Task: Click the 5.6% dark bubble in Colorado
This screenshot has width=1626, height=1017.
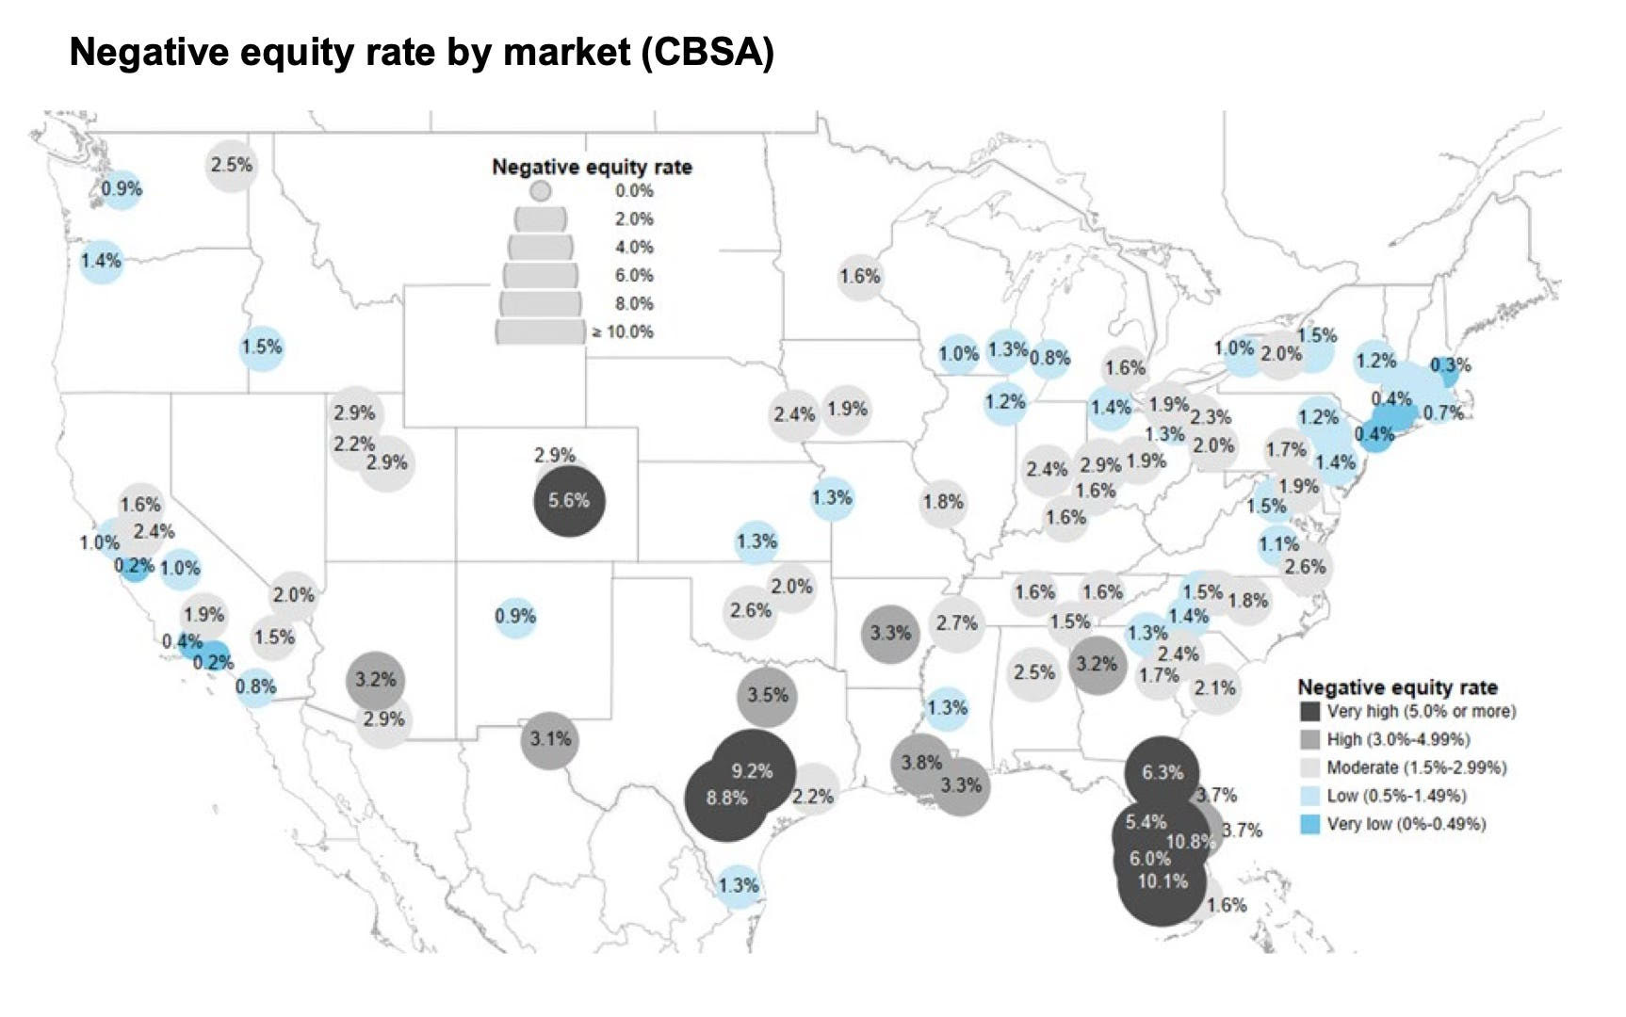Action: tap(569, 501)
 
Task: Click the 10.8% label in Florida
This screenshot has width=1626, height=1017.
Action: tap(1191, 841)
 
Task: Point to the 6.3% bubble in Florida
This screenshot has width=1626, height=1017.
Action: tap(1163, 772)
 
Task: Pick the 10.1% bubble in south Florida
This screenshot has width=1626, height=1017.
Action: tap(1163, 883)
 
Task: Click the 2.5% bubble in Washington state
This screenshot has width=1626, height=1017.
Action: tap(232, 166)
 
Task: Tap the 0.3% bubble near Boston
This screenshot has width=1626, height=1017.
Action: tap(1449, 366)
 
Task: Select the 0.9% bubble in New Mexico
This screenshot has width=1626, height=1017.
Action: tap(515, 617)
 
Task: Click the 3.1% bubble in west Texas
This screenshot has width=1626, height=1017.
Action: tap(550, 740)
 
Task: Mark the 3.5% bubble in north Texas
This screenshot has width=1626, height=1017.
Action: tap(768, 696)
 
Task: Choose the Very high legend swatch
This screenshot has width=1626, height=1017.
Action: tap(1309, 712)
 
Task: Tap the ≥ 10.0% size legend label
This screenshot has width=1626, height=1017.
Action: tap(624, 331)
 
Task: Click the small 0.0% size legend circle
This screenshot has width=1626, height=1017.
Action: tap(540, 191)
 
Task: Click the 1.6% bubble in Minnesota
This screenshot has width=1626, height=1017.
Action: tap(859, 277)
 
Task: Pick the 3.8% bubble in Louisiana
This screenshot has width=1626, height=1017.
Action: tap(920, 763)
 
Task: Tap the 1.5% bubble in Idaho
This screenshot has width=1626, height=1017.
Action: tap(262, 347)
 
